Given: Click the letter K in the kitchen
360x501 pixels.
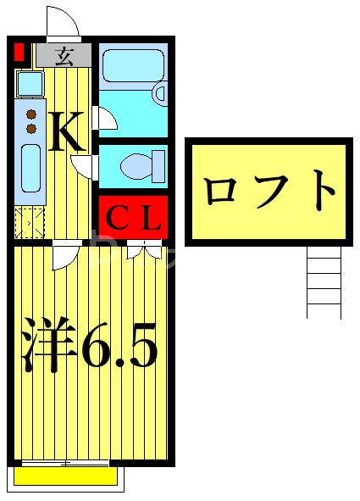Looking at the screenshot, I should pyautogui.click(x=66, y=132).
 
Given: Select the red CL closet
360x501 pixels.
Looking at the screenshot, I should pyautogui.click(x=133, y=218).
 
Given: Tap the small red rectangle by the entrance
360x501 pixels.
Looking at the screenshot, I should pyautogui.click(x=19, y=53).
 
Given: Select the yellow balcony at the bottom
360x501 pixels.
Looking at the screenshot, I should pyautogui.click(x=65, y=476).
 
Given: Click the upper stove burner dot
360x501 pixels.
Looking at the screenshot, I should pyautogui.click(x=31, y=114).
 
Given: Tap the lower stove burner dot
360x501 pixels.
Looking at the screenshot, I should pyautogui.click(x=31, y=128).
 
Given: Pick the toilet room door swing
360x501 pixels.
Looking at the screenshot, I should pyautogui.click(x=84, y=163).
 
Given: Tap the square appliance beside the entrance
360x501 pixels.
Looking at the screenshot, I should pyautogui.click(x=30, y=83).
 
